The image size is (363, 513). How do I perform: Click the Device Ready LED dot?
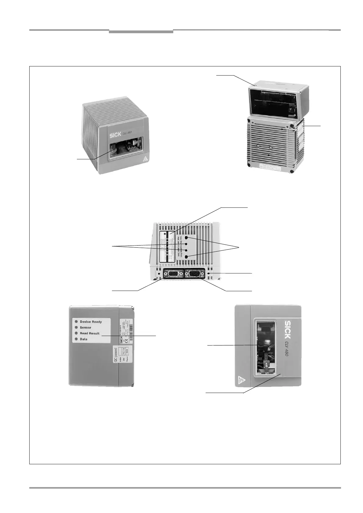76,322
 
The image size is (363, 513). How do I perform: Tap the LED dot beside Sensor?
76,327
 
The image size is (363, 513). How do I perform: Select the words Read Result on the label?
90,333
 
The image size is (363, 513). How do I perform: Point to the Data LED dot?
76,339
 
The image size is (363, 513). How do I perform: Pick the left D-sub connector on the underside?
173,274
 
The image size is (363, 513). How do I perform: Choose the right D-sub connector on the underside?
195,274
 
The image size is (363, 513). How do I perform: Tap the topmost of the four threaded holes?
186,237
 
